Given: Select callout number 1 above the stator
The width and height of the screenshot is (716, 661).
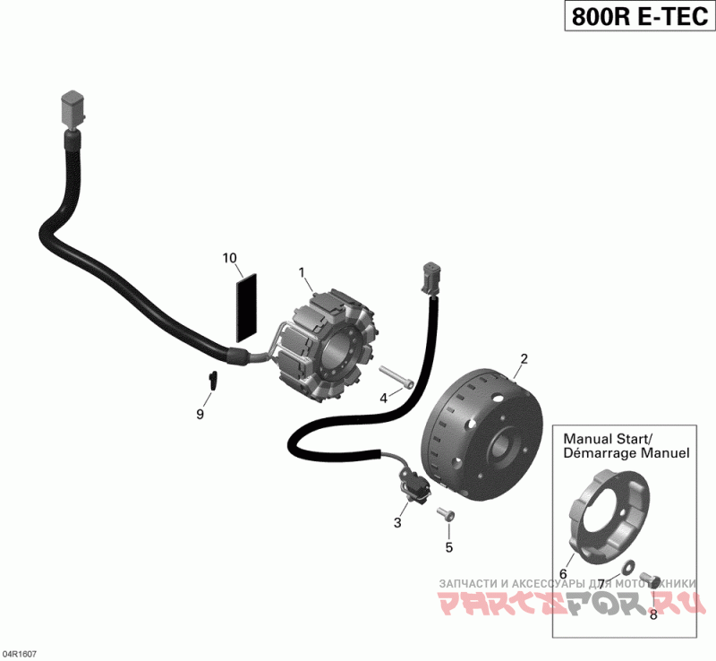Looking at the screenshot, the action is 302,272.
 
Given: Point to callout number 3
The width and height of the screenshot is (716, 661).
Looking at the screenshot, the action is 397,522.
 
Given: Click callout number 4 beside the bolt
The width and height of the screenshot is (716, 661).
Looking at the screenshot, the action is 383,398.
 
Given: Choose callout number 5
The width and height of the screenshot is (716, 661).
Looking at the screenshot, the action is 449,546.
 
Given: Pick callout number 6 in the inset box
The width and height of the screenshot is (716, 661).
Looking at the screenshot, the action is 564,574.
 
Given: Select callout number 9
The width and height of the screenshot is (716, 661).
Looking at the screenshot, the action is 200,414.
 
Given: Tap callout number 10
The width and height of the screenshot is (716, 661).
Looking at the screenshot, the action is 230,259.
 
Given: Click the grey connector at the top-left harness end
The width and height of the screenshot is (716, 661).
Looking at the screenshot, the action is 71,108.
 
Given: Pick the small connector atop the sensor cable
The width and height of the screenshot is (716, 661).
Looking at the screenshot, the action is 430,277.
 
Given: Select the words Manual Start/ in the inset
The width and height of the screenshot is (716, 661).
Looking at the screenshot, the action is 608,438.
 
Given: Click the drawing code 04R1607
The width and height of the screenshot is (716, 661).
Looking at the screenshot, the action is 21,654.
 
